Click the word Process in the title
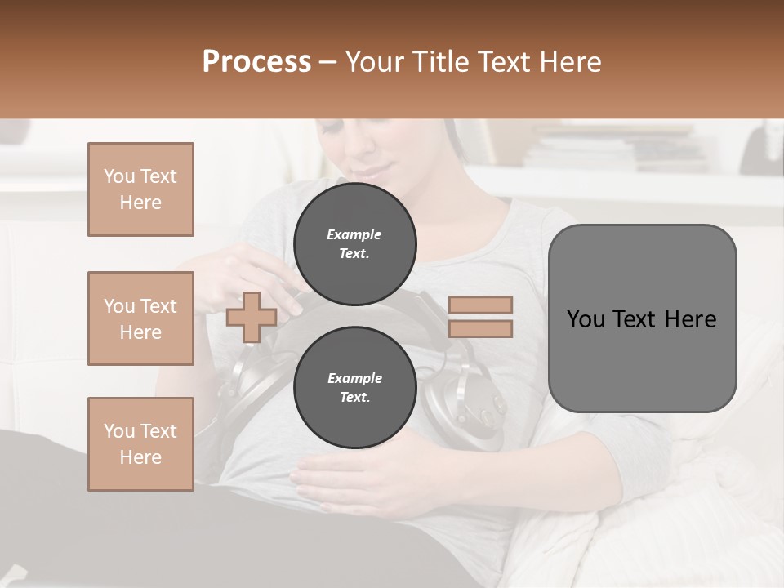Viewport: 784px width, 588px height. click(x=256, y=62)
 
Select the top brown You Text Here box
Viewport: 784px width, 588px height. click(x=140, y=189)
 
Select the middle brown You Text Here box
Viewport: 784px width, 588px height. click(x=140, y=318)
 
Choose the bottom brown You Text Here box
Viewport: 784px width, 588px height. click(x=140, y=444)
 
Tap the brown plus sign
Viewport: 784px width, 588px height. click(x=252, y=317)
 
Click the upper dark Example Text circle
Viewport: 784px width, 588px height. click(x=354, y=244)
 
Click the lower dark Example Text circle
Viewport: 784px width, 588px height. click(x=354, y=388)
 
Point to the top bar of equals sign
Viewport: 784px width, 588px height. click(x=480, y=305)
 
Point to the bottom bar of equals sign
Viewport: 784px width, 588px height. click(x=480, y=328)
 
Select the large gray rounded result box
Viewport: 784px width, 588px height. click(x=642, y=318)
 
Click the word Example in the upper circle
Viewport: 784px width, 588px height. click(x=354, y=234)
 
